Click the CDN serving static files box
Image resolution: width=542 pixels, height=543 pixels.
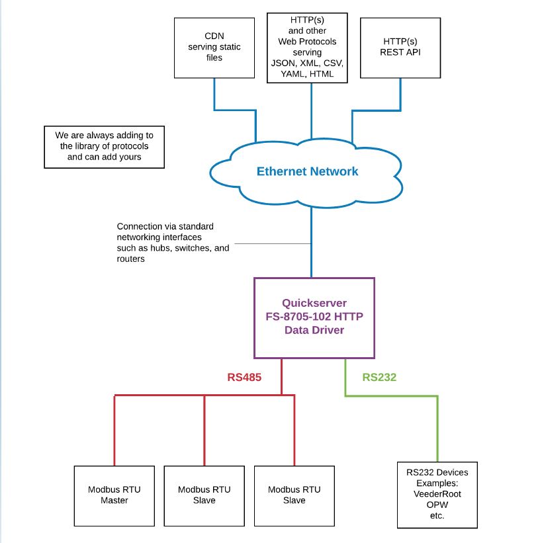point(214,47)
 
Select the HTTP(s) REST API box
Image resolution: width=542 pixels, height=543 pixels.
point(400,47)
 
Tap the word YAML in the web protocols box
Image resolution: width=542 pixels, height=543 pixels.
point(286,74)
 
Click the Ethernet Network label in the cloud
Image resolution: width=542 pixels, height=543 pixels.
point(307,171)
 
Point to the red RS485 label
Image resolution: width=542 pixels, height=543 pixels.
point(245,378)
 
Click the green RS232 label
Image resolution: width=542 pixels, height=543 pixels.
point(380,378)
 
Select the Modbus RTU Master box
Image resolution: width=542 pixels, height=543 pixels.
point(114,495)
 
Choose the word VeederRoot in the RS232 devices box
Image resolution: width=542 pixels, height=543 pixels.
point(437,493)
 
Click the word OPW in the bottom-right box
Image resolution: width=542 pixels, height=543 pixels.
point(437,504)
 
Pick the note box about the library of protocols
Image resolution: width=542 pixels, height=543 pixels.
point(104,146)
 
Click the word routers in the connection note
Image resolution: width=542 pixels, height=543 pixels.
point(131,259)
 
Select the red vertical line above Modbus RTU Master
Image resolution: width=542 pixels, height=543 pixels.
point(114,430)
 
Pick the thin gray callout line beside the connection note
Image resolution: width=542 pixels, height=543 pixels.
point(271,243)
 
